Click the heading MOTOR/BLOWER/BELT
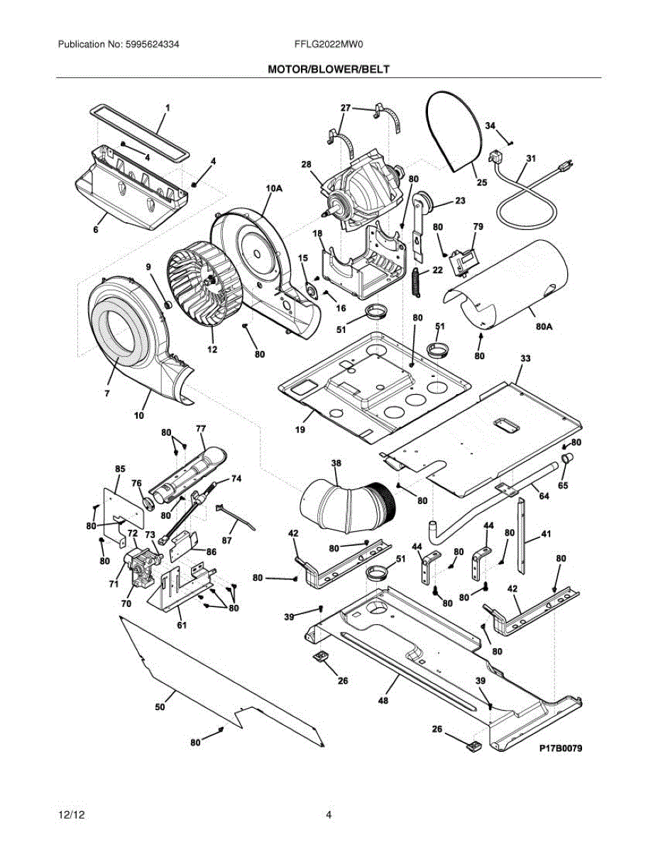click(329, 69)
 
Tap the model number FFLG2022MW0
click(329, 44)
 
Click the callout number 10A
click(274, 188)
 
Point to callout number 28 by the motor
click(306, 165)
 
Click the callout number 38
click(336, 462)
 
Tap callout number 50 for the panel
click(160, 707)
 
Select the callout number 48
click(383, 701)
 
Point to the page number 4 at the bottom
click(329, 815)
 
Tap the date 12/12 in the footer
click(69, 815)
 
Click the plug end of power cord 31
click(566, 167)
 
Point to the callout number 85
click(120, 469)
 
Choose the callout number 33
click(525, 359)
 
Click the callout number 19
click(300, 430)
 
